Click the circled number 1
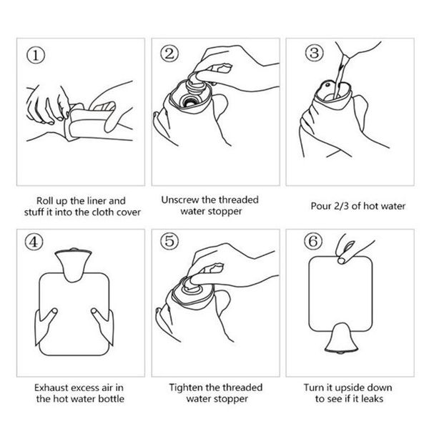coord(36,55)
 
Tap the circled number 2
coord(169,54)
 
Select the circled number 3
coord(314,52)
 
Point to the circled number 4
coord(34,242)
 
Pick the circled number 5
coord(169,241)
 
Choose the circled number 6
coord(313,241)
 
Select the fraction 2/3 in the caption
coord(342,206)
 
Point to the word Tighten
coord(186,388)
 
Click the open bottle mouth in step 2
coord(189,102)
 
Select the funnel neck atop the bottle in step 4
coord(73,265)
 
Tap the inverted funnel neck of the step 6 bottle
coord(341,338)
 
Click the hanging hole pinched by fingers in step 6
coord(341,260)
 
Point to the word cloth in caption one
coord(105,212)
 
